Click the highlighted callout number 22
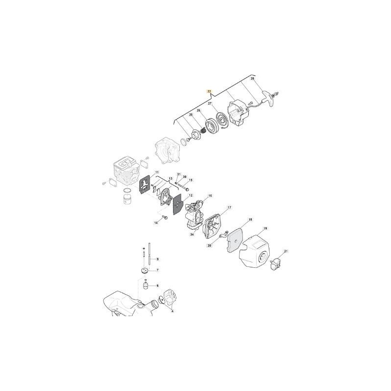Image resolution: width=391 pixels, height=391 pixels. coord(209,91)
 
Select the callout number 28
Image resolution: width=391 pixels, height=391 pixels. coord(253,78)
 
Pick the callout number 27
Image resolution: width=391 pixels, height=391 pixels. coord(209,104)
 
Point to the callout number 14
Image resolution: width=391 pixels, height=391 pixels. coord(156,222)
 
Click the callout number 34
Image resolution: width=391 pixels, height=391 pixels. coord(192,235)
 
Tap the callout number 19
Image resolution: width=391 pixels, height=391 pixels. coord(265,228)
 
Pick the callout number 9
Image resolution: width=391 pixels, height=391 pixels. coord(157,259)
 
